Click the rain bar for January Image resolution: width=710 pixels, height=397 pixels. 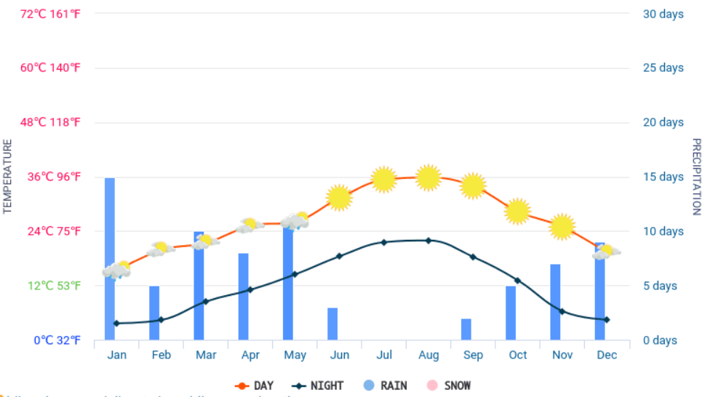110,218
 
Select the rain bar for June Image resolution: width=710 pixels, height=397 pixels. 332,324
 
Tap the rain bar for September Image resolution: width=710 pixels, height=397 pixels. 466,329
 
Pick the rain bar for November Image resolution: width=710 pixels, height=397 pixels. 555,302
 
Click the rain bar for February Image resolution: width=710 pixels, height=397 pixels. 154,313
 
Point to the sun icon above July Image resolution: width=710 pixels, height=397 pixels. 383,179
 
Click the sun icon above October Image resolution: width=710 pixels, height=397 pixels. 517,211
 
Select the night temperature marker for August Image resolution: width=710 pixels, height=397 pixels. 428,240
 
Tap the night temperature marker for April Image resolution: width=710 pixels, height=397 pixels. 250,289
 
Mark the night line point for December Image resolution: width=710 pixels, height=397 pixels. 606,319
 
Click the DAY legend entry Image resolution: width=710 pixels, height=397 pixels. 254,385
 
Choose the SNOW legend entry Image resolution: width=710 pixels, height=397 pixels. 450,385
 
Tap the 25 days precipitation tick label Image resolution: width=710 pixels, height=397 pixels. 663,68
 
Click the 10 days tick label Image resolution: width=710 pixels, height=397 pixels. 663,231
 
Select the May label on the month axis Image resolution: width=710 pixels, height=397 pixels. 295,355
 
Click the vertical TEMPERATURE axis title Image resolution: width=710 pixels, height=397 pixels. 8,177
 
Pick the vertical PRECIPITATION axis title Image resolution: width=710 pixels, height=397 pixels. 696,177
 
